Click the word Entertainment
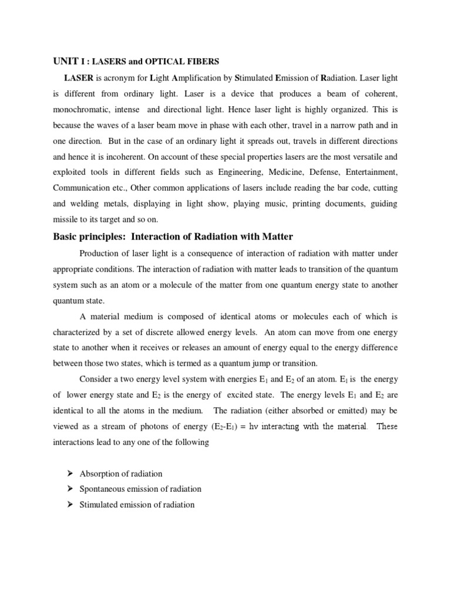coord(371,173)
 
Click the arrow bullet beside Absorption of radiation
coord(69,473)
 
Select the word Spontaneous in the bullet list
coord(103,489)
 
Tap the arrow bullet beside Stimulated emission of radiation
coord(69,504)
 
